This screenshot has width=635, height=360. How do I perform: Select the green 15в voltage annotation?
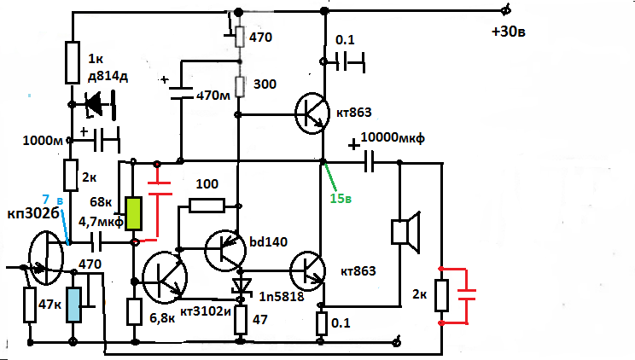click(341, 199)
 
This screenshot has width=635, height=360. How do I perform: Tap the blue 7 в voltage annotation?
click(53, 199)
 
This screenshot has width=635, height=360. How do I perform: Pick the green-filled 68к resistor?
click(134, 213)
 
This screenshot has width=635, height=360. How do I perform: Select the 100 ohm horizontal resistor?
click(207, 205)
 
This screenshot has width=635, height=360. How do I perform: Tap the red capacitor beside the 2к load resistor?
click(466, 296)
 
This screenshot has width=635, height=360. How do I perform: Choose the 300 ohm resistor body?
click(241, 85)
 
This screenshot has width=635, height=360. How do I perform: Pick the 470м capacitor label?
click(213, 96)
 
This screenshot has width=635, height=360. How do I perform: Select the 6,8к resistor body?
click(134, 312)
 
